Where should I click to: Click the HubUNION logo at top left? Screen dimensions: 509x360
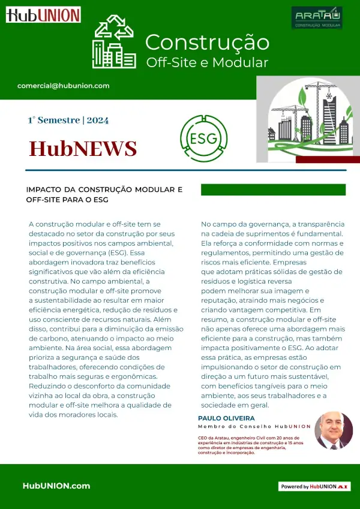pos(43,15)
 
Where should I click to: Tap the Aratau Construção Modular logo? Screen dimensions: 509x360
pos(317,18)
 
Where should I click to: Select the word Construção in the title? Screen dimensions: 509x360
pos(207,43)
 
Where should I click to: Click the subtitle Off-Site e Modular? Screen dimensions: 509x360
pos(207,62)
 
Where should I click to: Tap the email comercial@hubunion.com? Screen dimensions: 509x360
pos(64,86)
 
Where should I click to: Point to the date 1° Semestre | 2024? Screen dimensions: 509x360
pos(68,120)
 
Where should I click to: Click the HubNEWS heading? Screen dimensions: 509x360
pos(83,147)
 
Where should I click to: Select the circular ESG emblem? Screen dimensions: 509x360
pos(203,139)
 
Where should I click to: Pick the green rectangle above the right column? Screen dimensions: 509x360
pos(273,189)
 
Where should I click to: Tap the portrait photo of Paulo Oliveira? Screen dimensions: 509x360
pos(334,430)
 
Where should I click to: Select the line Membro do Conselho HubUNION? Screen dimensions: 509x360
pos(254,426)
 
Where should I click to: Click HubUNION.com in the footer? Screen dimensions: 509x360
pos(56,486)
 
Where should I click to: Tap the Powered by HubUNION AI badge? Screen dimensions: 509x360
pos(314,487)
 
